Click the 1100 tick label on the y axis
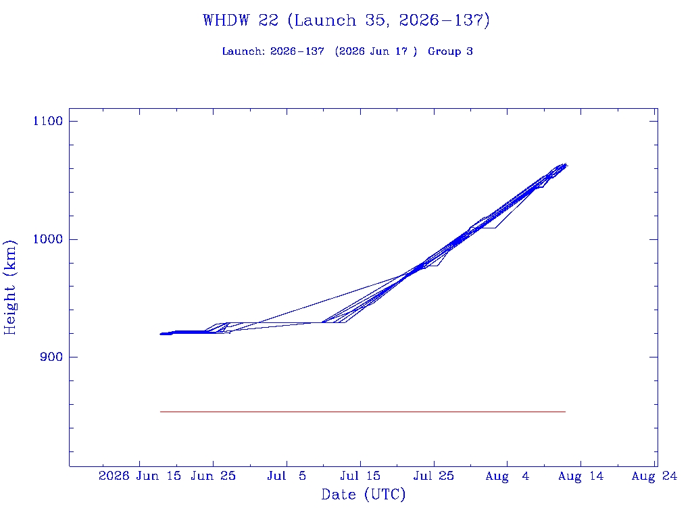click(48, 121)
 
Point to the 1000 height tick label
click(48, 239)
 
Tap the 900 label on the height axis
click(51, 357)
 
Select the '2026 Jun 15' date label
click(140, 476)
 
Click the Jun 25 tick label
click(213, 476)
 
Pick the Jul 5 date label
click(287, 476)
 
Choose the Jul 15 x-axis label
click(360, 476)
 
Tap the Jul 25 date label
click(434, 476)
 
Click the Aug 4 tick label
click(507, 476)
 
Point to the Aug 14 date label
click(580, 476)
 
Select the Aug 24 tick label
click(654, 476)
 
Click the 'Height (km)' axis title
click(9, 287)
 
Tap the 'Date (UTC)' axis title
click(363, 494)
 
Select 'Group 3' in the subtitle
click(450, 51)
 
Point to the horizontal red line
click(363, 412)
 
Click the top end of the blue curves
click(566, 165)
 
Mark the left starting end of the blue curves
click(161, 334)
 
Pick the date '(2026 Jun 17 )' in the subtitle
click(376, 51)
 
